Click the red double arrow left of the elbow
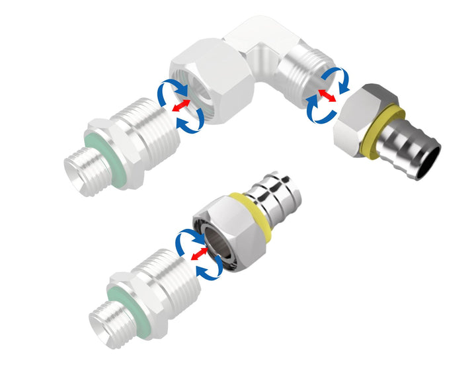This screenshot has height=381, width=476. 178,106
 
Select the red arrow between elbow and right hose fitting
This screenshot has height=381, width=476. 326,96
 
